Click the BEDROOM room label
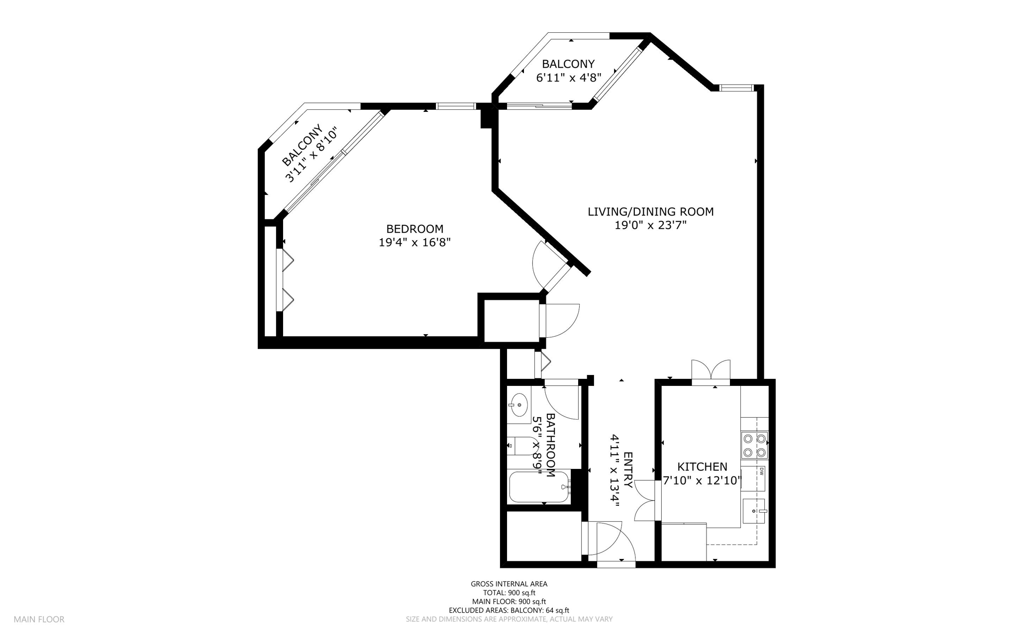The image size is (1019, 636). (x=414, y=229)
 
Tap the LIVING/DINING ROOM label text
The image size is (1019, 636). (x=650, y=212)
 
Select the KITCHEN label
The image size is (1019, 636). (x=702, y=467)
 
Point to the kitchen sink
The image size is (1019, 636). (x=754, y=511)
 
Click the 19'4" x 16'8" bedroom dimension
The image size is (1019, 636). (x=414, y=243)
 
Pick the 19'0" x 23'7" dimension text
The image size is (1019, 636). (x=650, y=225)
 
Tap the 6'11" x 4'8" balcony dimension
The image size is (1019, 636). (x=568, y=78)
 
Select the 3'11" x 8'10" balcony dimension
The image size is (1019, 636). (x=311, y=155)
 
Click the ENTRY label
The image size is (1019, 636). (x=628, y=470)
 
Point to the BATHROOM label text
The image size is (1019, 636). (x=550, y=446)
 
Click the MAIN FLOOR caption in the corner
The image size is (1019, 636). (x=39, y=620)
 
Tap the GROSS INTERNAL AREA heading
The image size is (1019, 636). (x=509, y=584)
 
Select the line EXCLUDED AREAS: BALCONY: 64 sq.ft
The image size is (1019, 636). (x=509, y=611)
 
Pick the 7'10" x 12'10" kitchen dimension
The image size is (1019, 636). (x=702, y=481)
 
